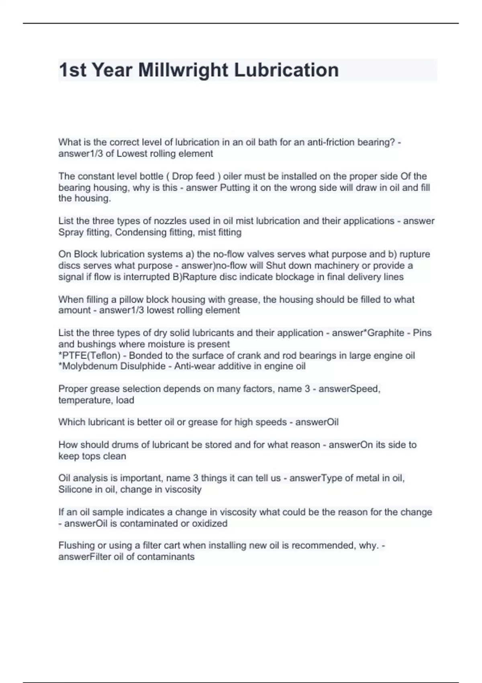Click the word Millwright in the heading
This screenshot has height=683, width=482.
tap(183, 70)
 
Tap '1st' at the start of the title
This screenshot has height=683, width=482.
tap(73, 70)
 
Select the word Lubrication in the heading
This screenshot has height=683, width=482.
tap(286, 70)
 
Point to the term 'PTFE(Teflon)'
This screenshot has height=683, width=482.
tap(90, 356)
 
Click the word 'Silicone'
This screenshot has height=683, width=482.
tap(75, 490)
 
